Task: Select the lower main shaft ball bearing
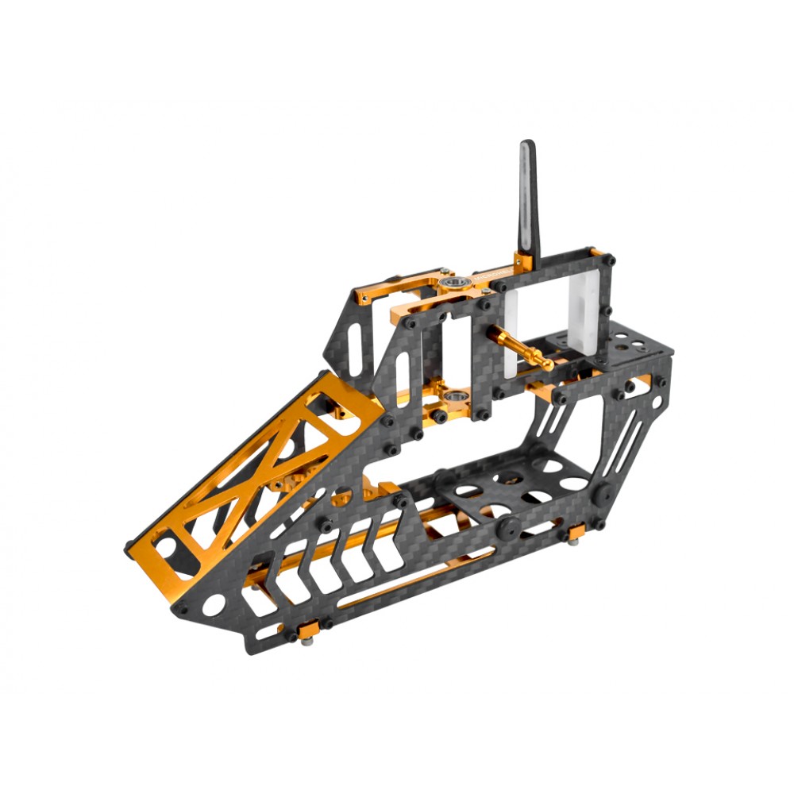click(455, 395)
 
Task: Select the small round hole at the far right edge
click(657, 382)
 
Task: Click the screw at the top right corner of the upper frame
click(610, 260)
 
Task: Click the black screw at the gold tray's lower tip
click(129, 547)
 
